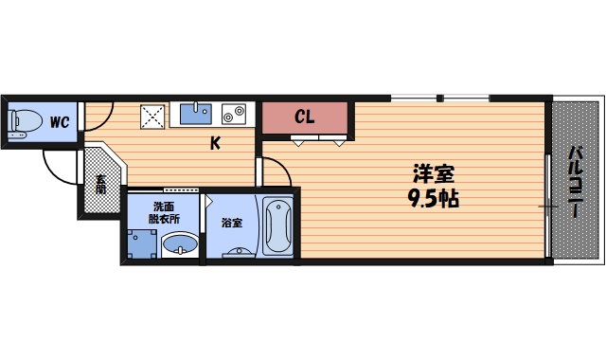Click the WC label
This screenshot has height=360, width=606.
tap(59, 122)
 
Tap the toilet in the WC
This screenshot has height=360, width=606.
tap(23, 122)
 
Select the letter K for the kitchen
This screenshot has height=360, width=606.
tap(215, 144)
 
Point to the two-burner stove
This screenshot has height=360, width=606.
tap(233, 114)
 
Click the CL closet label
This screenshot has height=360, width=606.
tap(304, 117)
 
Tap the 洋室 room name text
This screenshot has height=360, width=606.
tap(434, 175)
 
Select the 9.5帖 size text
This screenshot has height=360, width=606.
tap(434, 200)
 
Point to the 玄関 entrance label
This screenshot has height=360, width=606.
tap(100, 183)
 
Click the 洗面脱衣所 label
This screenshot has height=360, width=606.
tap(165, 212)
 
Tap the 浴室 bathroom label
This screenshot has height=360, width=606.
tap(231, 224)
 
